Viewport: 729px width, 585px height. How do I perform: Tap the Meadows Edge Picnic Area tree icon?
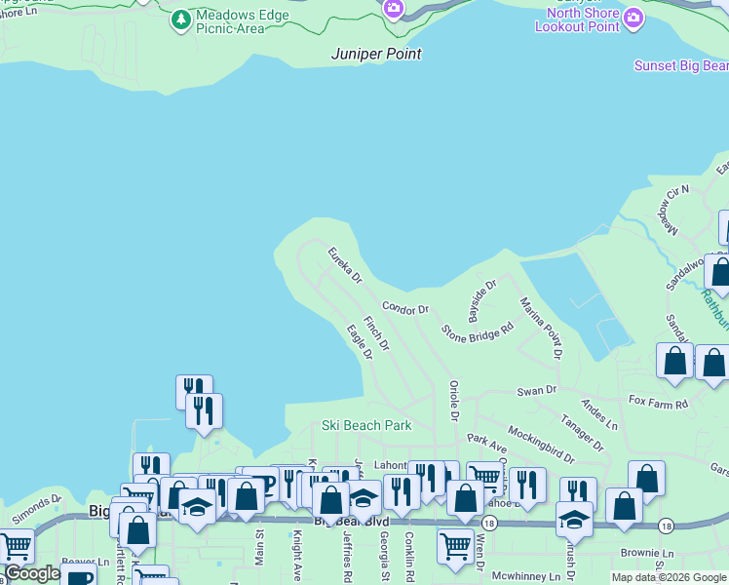tap(180, 19)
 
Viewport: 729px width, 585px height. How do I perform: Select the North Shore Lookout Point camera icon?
tap(633, 19)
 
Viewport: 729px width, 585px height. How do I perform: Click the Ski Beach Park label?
tap(366, 425)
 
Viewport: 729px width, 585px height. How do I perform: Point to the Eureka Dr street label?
tap(345, 264)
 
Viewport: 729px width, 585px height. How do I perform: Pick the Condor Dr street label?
tap(405, 308)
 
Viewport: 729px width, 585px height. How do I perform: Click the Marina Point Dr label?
tap(541, 328)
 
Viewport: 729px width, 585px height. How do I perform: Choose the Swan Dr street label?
tap(536, 390)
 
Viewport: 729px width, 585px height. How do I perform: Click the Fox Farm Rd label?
tap(658, 402)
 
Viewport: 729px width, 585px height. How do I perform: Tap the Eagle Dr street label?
tap(360, 342)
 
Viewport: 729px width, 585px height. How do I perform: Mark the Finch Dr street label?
tap(376, 332)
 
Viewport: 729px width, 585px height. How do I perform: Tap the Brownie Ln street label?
tap(640, 552)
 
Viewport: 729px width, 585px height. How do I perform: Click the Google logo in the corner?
tap(32, 573)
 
